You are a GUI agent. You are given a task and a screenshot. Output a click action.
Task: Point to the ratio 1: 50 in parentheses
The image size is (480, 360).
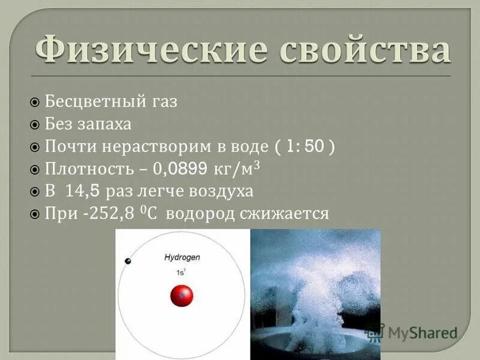302,146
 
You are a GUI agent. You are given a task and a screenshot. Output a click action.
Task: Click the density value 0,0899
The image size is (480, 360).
180,169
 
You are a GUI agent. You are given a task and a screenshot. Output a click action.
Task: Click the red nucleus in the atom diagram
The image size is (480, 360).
181,295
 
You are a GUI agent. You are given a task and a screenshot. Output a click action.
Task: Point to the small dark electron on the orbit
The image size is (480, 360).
127,260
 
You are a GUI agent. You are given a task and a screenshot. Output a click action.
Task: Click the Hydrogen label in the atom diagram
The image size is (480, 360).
182,257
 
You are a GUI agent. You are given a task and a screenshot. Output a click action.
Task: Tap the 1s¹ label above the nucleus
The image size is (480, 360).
180,272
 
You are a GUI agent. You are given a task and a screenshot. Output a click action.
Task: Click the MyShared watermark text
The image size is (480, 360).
422,332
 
